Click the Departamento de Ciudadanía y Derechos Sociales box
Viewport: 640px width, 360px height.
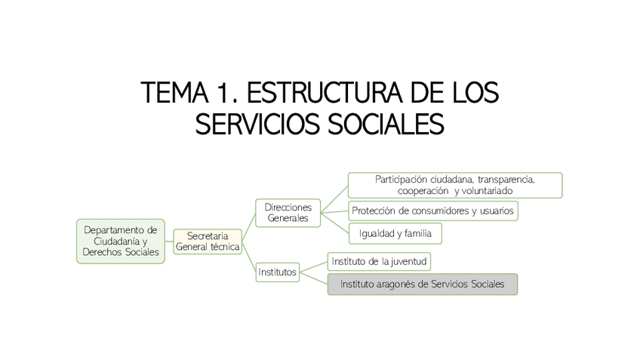click(122, 241)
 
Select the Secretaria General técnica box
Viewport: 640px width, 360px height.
click(208, 242)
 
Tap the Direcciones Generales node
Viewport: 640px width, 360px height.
click(288, 212)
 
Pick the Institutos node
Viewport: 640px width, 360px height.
click(277, 270)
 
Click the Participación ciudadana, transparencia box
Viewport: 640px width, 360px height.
click(454, 185)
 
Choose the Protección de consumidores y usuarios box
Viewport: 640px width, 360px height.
click(433, 211)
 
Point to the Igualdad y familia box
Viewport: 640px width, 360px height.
click(395, 234)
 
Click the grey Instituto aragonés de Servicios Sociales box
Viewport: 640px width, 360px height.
click(422, 285)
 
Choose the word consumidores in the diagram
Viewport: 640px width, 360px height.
click(437, 211)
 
